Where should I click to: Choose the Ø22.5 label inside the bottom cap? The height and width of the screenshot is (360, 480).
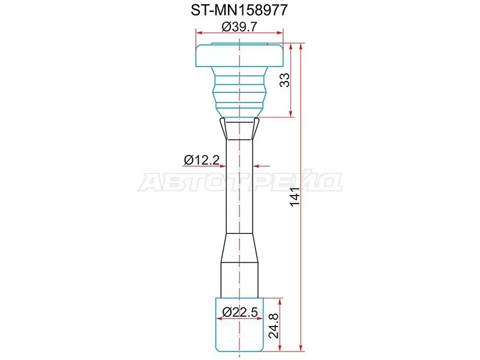click(239, 312)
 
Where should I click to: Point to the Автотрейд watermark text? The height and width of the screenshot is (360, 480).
click(240, 182)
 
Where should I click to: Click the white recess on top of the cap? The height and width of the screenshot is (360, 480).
click(240, 45)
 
